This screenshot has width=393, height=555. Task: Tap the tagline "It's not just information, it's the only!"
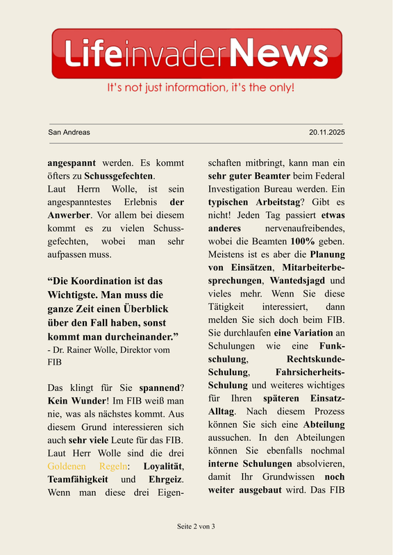pyautogui.click(x=201, y=88)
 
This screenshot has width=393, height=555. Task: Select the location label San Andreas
pyautogui.click(x=69, y=132)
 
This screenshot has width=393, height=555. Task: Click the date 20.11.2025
pyautogui.click(x=327, y=132)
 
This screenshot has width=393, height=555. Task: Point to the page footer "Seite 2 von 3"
pyautogui.click(x=196, y=526)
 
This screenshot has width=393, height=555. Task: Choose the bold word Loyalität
pyautogui.click(x=163, y=465)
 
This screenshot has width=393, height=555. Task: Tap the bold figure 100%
pyautogui.click(x=304, y=241)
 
